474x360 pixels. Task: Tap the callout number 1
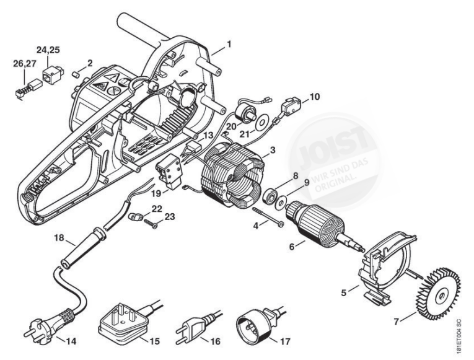click(229, 44)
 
